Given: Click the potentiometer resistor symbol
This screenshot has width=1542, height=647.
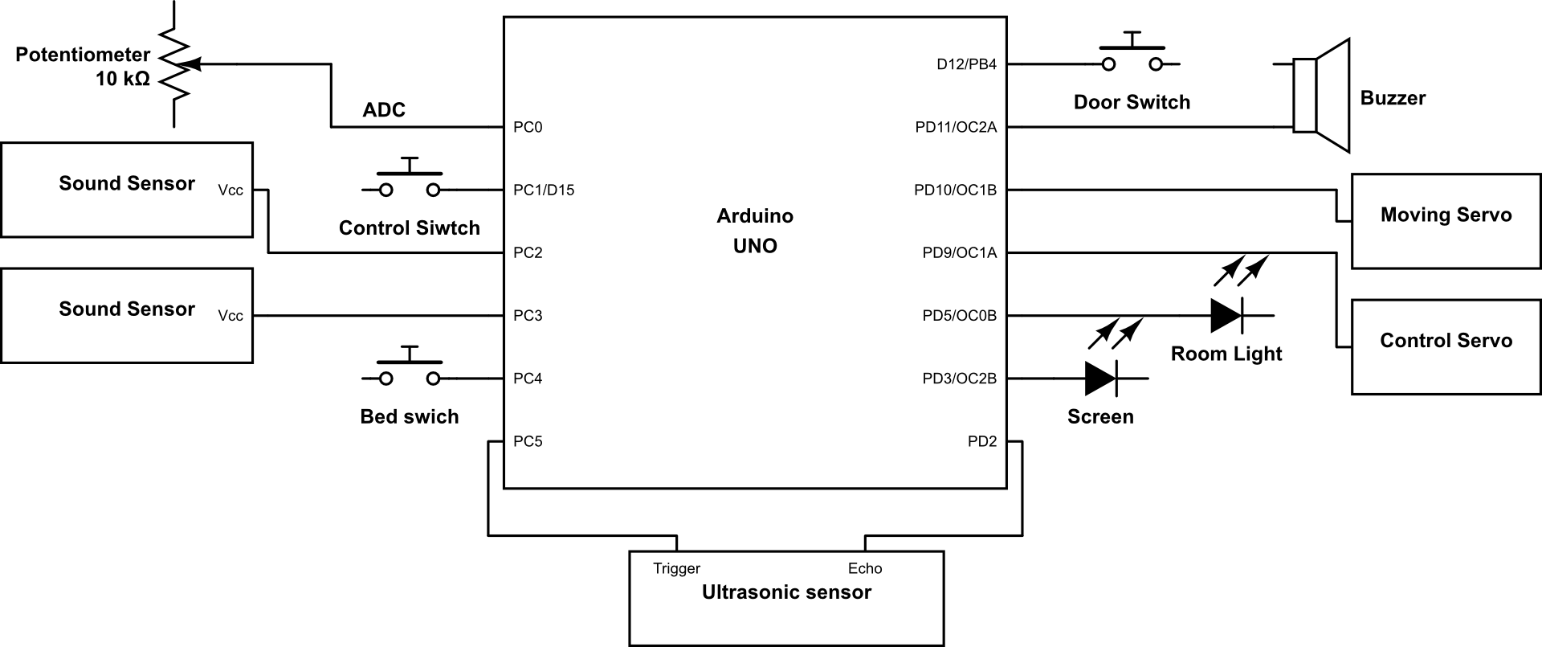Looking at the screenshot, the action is pos(173,64).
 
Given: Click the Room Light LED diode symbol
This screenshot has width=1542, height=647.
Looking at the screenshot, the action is pos(1226,315).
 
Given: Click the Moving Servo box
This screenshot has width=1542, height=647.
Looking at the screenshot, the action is pos(1446,221).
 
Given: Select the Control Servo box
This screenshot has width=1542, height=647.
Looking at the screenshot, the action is pos(1446,346).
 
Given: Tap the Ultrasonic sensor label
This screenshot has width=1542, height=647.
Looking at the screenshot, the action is pos(786,592).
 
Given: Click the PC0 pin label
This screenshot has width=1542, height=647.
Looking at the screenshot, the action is pos(528,127).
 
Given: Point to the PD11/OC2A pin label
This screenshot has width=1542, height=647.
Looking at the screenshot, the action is pos(956,127).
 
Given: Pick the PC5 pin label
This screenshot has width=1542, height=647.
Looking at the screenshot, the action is pos(528,441).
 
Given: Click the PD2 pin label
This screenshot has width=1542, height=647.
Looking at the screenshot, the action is pos(982,441).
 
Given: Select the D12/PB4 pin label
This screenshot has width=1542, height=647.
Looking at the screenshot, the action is pos(967,64).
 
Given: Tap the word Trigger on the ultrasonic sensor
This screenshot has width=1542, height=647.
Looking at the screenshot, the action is pos(677,568).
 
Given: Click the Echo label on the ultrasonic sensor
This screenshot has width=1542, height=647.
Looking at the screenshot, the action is pos(865,568).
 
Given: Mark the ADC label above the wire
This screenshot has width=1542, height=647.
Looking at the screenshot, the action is pos(384,110).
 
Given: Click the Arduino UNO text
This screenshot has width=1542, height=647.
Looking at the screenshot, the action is pos(755,231).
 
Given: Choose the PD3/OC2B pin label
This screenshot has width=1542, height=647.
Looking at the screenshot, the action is pos(960,379).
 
